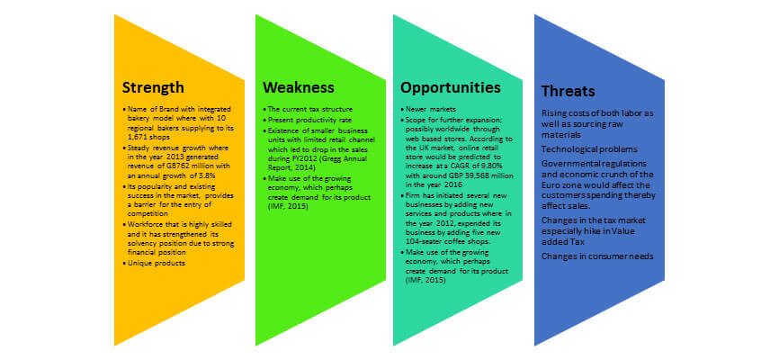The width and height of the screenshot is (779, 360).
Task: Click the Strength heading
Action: coord(153,87)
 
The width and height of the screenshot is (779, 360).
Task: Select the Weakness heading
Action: coord(299,87)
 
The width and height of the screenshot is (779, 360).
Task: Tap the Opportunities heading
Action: coord(450,88)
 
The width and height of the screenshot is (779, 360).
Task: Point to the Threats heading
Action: coord(569,92)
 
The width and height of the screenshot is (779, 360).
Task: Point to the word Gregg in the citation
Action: coord(339,159)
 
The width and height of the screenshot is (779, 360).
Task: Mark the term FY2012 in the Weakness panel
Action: coord(300,159)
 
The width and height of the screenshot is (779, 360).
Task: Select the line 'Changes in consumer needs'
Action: coord(597,256)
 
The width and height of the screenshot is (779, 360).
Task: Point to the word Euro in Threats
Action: coord(550,185)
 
